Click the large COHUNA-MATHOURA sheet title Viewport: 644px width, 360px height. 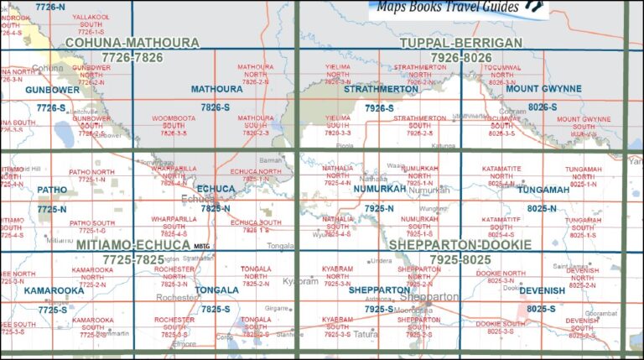[x=132, y=42]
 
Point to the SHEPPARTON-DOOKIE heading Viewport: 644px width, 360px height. [x=460, y=244]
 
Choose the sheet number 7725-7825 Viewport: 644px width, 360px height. [x=132, y=260]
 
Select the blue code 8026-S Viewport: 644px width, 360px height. [x=543, y=107]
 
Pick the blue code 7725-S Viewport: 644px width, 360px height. [x=51, y=310]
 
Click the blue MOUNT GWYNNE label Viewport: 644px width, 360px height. [x=543, y=88]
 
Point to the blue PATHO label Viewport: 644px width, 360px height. [x=51, y=190]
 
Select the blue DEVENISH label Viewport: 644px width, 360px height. [x=542, y=290]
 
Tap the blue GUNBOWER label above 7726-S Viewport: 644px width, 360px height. [x=51, y=88]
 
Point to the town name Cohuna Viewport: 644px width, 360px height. [x=48, y=69]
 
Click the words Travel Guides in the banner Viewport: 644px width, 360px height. [x=483, y=7]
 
